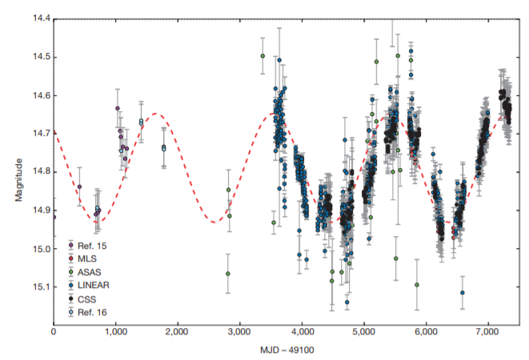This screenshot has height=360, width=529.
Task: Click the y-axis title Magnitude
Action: (18, 171)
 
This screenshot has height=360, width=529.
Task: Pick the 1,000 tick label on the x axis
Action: (116, 330)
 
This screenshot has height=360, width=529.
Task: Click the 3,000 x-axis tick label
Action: (240, 330)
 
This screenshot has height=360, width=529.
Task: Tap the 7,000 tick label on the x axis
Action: (488, 330)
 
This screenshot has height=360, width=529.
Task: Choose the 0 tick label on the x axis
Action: (54, 330)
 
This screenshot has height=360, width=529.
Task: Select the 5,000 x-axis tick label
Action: (364, 330)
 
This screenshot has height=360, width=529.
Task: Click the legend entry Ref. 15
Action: (94, 246)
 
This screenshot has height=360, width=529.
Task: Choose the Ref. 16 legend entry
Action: (94, 311)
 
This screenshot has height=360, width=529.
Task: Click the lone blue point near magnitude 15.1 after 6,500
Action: (462, 293)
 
